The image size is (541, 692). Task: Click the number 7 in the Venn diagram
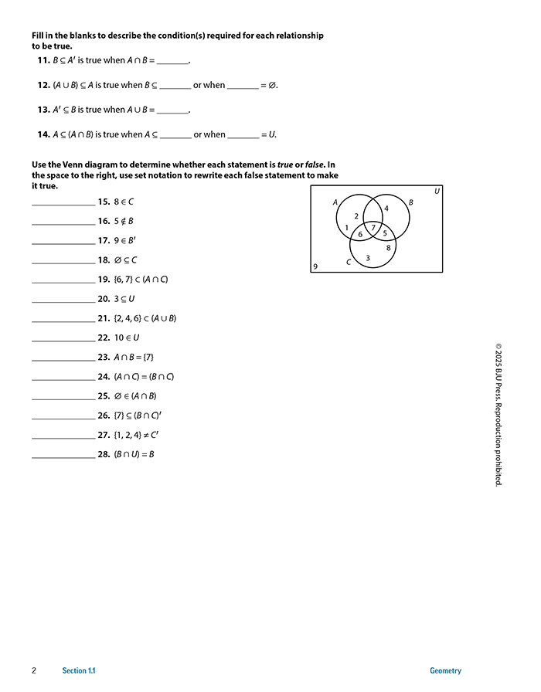point(374,227)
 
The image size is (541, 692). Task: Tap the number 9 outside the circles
point(315,266)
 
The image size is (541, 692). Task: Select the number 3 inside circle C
point(367,257)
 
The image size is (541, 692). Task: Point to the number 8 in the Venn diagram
point(388,247)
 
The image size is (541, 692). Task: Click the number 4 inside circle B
point(386,208)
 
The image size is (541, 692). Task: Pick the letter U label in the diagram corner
point(437,191)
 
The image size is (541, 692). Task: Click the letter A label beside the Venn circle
point(335,202)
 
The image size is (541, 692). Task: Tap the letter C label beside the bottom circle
point(349,263)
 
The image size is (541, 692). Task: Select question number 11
point(43,60)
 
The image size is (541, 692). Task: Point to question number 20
point(104,299)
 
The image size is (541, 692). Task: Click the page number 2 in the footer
point(35,670)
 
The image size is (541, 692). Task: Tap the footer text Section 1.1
point(80,670)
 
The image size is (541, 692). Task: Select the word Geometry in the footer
point(445,670)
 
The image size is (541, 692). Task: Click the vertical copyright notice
point(498,413)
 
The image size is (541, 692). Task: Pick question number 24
point(104,377)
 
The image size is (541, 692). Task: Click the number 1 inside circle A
point(347,227)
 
